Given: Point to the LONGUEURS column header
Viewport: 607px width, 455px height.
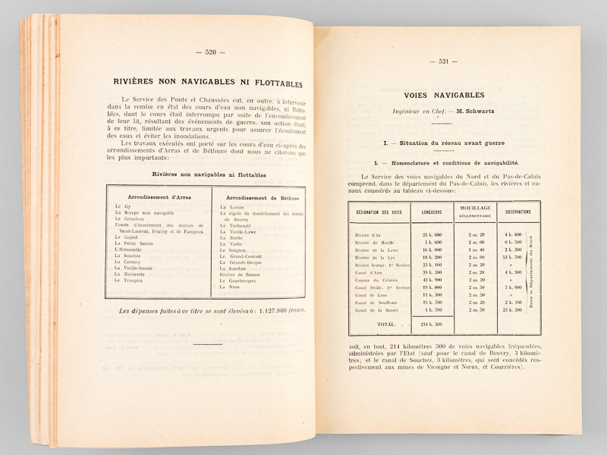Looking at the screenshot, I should (431, 212).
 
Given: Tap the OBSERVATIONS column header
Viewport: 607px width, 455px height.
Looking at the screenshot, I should (519, 212).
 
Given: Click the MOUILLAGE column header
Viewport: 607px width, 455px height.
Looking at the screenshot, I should (475, 208).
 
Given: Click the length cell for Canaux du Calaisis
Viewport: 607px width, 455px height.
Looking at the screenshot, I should (431, 279).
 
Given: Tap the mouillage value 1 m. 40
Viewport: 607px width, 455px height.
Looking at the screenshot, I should (475, 249).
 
